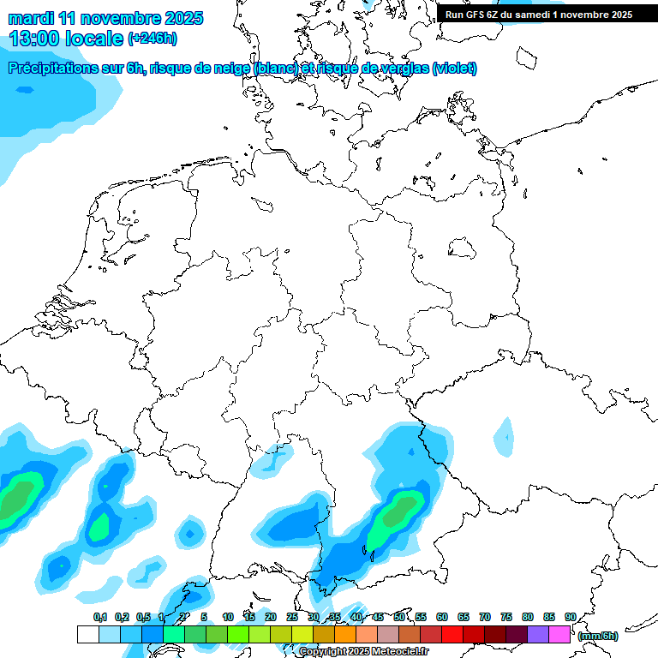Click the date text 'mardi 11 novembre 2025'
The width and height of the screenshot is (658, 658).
(x=105, y=18)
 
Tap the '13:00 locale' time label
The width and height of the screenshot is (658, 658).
(x=66, y=39)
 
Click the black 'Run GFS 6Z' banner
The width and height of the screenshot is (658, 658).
(x=539, y=14)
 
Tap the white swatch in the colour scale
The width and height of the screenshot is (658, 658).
(x=87, y=635)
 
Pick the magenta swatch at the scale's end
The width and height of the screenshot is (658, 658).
(x=559, y=635)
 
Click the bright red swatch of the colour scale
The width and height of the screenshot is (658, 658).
(x=452, y=635)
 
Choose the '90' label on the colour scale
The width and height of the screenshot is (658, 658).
(x=570, y=617)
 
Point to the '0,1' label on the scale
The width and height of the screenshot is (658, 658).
(x=99, y=617)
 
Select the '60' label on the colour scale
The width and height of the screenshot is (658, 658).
(x=442, y=617)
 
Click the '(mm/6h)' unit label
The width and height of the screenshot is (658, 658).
(x=597, y=636)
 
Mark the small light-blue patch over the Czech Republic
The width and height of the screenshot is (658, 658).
(x=505, y=437)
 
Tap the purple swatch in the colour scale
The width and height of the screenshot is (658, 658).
(x=538, y=635)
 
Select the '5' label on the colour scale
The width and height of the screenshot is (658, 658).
(x=204, y=617)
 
